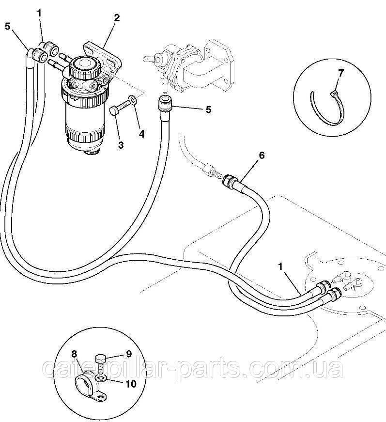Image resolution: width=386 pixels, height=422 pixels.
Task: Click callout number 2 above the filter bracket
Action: point(116,18)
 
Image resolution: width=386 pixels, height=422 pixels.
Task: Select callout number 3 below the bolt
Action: point(121,145)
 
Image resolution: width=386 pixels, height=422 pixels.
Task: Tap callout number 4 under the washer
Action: point(141,134)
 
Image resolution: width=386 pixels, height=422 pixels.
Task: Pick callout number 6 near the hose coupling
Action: point(262,156)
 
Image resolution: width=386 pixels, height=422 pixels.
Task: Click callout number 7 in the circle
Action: point(341,73)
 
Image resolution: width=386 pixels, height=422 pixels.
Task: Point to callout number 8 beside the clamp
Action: point(74,353)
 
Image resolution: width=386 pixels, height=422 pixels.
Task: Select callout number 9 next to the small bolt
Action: point(129,354)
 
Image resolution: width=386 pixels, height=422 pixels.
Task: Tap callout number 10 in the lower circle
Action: point(131,384)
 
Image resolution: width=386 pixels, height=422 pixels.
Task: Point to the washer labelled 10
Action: point(101,379)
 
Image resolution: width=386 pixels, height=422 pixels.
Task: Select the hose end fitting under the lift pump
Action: point(166,103)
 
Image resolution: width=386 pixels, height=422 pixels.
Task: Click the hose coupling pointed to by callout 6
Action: point(229,180)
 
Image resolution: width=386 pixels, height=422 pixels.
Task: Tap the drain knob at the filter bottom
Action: point(92,153)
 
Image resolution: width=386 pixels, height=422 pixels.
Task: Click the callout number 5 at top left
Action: point(8,26)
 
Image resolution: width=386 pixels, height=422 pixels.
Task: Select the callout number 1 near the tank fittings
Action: point(281,266)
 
